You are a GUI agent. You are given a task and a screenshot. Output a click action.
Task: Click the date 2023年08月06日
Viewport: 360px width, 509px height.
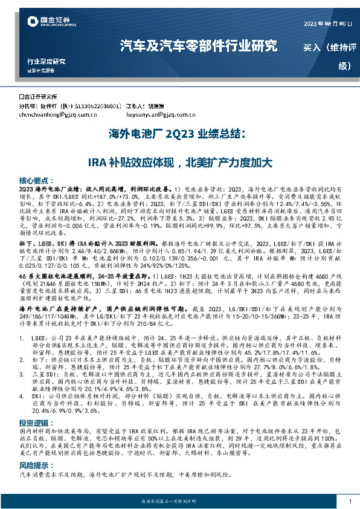coord(327,24)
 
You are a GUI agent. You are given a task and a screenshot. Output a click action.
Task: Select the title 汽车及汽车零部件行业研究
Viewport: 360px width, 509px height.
coord(199,46)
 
